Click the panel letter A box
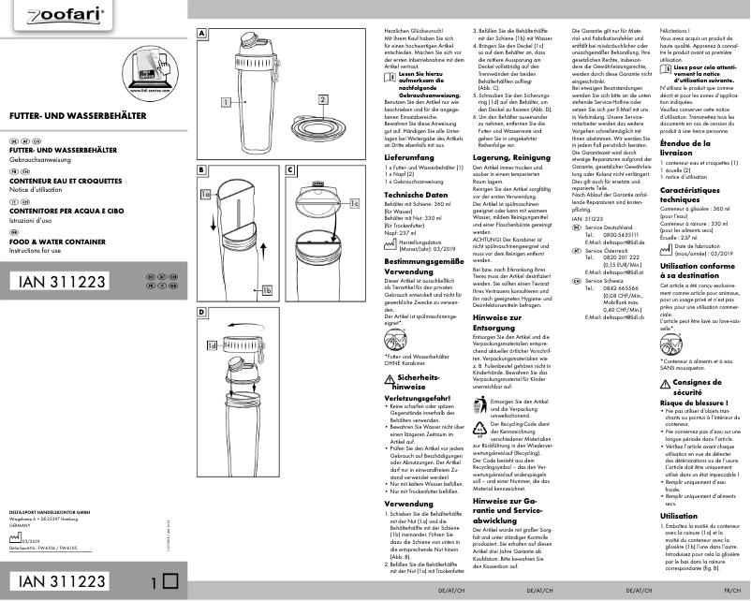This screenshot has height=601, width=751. pyautogui.click(x=201, y=31)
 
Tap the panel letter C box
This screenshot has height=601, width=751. pyautogui.click(x=290, y=170)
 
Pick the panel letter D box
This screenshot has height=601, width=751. pyautogui.click(x=201, y=309)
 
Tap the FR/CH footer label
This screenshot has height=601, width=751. pyautogui.click(x=733, y=592)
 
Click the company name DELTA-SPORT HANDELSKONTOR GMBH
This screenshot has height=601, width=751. pyautogui.click(x=57, y=514)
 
